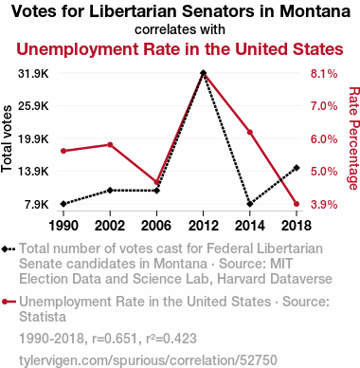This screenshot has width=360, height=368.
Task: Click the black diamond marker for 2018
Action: [297, 168]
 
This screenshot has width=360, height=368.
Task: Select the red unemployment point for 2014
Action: [250, 132]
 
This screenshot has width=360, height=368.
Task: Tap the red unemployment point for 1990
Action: [63, 151]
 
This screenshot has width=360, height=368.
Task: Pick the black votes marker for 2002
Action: [110, 191]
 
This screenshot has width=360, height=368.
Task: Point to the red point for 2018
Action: [297, 204]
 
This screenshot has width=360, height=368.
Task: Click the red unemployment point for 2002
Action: [110, 145]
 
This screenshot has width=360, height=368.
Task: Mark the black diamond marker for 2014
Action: [250, 204]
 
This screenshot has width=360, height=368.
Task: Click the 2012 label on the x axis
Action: [203, 226]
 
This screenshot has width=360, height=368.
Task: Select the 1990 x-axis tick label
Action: [63, 226]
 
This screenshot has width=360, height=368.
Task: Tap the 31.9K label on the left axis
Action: [33, 74]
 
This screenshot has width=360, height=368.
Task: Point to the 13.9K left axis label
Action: [33, 172]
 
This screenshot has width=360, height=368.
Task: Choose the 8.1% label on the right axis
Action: [324, 74]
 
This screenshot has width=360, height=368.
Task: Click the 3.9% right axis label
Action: [324, 205]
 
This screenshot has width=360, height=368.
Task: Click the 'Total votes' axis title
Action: [7, 138]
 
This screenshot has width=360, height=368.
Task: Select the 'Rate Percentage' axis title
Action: [354, 138]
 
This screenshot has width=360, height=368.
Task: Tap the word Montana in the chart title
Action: [315, 11]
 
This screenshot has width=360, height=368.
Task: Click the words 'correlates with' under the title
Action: [180, 29]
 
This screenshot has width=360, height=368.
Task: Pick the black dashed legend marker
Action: [9, 248]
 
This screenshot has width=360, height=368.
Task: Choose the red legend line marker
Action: [9, 302]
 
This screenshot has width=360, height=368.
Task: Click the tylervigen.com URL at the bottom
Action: [148, 360]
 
